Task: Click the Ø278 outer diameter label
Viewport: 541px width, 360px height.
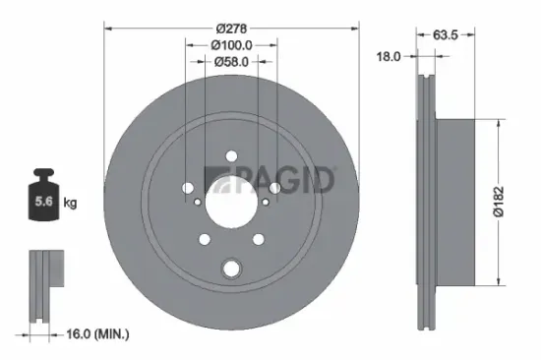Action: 232,29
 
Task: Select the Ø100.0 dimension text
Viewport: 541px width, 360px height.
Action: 232,45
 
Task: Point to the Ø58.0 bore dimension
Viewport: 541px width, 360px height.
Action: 232,62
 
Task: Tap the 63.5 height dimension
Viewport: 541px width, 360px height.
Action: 449,37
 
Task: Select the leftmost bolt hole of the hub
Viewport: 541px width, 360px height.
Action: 187,188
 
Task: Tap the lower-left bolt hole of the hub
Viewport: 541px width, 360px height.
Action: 205,239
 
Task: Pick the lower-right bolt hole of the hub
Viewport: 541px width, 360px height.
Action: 259,239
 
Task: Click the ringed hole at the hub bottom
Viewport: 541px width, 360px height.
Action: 232,268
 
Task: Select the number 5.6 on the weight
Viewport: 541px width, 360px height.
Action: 44,203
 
